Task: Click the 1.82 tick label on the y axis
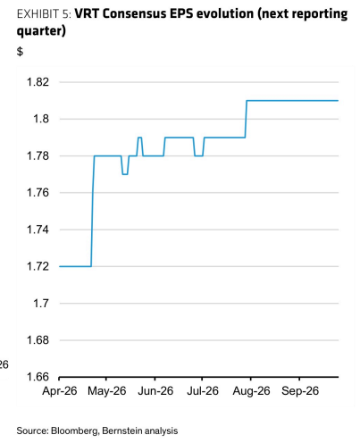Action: pyautogui.click(x=38, y=82)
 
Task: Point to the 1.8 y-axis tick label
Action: pyautogui.click(x=40, y=119)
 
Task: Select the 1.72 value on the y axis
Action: pyautogui.click(x=38, y=266)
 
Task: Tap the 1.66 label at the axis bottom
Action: pyautogui.click(x=38, y=377)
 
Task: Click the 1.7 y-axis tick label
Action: pyautogui.click(x=40, y=303)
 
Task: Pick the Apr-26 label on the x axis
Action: pyautogui.click(x=60, y=390)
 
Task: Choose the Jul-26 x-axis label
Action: pyautogui.click(x=203, y=390)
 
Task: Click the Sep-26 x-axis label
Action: pyautogui.click(x=300, y=390)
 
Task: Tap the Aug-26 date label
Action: pyautogui.click(x=251, y=390)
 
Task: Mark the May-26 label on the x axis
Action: pyautogui.click(x=107, y=390)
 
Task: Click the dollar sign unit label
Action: pyautogui.click(x=20, y=52)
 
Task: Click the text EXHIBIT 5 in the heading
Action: pyautogui.click(x=44, y=14)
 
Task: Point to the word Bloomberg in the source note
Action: pyautogui.click(x=74, y=430)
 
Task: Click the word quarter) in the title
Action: pyautogui.click(x=41, y=31)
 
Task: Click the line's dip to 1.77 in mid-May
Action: pyautogui.click(x=125, y=174)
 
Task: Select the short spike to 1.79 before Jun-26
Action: pyautogui.click(x=139, y=138)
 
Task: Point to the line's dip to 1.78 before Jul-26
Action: pyautogui.click(x=198, y=155)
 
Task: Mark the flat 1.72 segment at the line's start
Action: pyautogui.click(x=75, y=266)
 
